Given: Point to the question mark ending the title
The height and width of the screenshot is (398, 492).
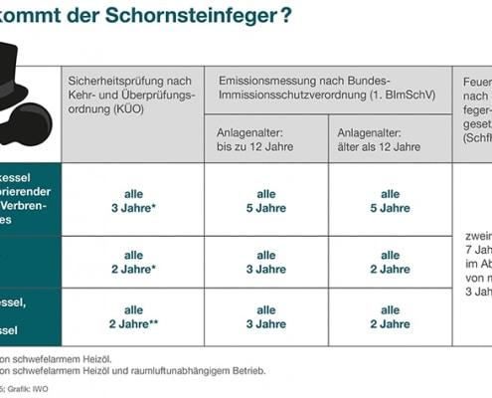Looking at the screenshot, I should point(285,20).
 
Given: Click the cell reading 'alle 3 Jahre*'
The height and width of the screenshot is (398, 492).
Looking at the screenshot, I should point(133,201).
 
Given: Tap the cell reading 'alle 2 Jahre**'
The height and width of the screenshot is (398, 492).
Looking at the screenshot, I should point(133,316).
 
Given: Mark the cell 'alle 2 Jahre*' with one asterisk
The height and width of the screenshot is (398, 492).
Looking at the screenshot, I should point(133,263).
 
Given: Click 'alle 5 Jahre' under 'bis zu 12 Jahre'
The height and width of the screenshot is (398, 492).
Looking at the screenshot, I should point(266,201).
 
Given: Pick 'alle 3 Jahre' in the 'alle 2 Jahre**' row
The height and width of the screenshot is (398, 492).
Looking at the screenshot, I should point(266,316).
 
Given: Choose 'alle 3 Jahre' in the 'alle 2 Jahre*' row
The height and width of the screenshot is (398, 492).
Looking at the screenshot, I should point(266,263).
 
